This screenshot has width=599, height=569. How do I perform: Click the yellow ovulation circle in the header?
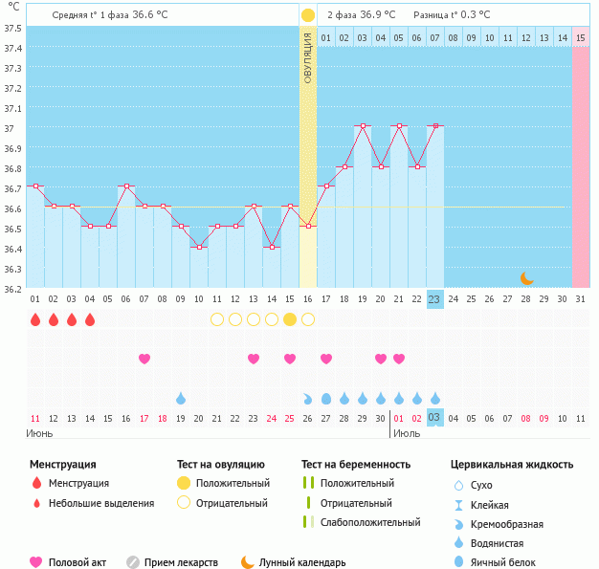click(x=307, y=15)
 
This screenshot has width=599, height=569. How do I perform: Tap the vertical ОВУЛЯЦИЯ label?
click(x=307, y=58)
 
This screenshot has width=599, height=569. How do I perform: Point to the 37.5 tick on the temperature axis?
click(x=13, y=27)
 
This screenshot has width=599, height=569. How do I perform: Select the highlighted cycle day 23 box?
click(x=434, y=298)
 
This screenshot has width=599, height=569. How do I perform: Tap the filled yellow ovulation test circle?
click(x=290, y=319)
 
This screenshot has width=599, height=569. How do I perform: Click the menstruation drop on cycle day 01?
click(x=34, y=319)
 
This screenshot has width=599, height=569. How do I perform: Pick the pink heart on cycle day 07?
click(x=144, y=359)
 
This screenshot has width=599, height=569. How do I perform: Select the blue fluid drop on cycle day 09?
click(x=181, y=398)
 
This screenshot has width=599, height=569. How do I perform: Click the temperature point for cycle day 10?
click(x=199, y=247)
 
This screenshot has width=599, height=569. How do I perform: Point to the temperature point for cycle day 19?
click(x=363, y=126)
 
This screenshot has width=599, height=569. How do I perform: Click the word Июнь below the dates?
click(x=38, y=433)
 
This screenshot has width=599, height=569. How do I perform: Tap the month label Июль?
click(x=406, y=433)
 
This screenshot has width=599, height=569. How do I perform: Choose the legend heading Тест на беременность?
click(x=355, y=465)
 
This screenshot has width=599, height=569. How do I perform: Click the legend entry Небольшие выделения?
click(x=100, y=503)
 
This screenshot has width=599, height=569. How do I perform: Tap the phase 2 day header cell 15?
click(x=581, y=38)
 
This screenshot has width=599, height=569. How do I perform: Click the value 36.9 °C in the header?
click(x=377, y=15)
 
